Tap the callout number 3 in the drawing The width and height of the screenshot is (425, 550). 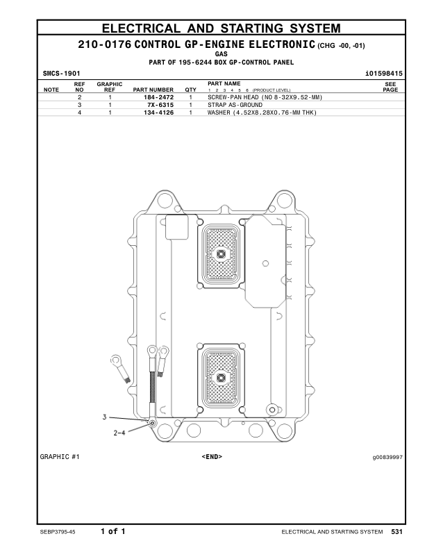(105, 417)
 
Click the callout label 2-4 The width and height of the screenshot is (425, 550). (119, 432)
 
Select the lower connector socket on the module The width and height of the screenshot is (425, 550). (222, 377)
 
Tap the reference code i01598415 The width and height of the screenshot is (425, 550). (381, 72)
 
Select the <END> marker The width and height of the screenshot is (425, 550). (211, 457)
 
